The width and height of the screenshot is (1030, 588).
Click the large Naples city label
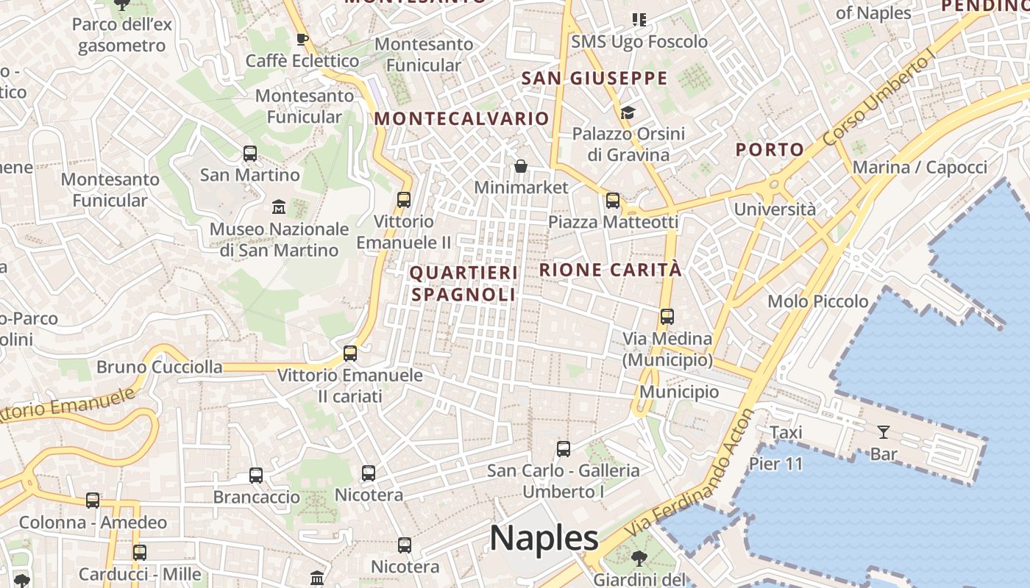(544, 538)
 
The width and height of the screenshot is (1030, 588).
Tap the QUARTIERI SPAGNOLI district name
(464, 284)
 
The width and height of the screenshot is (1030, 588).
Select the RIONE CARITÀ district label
(610, 270)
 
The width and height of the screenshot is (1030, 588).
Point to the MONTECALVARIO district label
(461, 118)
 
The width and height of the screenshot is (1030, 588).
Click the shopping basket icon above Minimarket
(521, 166)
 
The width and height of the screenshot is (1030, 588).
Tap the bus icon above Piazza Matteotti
(613, 200)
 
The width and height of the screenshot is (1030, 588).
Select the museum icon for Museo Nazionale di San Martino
(279, 207)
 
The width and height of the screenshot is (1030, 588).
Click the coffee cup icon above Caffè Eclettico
(302, 39)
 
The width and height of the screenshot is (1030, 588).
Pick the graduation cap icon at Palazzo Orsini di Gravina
(628, 112)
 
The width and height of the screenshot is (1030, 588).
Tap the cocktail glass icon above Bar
(884, 432)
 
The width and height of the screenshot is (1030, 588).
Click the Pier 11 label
(776, 464)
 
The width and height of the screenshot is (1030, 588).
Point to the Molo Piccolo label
(817, 301)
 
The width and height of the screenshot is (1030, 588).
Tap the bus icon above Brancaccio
(256, 476)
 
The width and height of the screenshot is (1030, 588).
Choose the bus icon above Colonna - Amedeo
(93, 501)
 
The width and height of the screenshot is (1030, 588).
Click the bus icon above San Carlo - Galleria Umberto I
(564, 448)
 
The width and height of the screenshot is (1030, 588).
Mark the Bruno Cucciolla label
(160, 366)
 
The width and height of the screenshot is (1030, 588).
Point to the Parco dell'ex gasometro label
(122, 35)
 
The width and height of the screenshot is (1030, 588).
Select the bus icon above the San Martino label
(250, 154)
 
